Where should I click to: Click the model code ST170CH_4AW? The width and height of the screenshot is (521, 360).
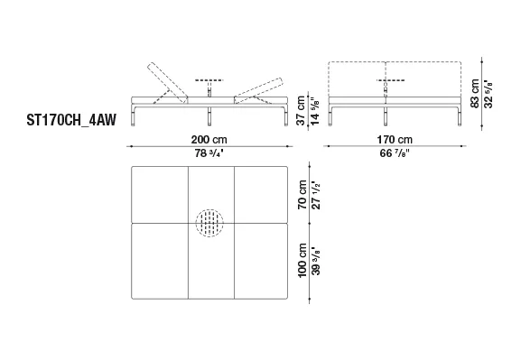(x=71, y=120)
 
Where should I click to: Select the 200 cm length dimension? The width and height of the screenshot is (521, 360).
(x=209, y=140)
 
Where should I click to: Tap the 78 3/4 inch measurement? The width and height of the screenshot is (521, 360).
(x=209, y=153)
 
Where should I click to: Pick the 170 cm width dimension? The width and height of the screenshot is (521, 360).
(x=395, y=140)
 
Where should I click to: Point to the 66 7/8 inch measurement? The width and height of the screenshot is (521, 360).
(x=395, y=153)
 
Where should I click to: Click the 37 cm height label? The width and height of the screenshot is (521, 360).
(x=301, y=110)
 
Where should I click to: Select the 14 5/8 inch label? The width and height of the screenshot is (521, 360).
(x=314, y=111)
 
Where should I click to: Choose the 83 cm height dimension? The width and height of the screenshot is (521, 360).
(x=475, y=93)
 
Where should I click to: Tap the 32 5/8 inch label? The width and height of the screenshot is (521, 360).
(x=488, y=94)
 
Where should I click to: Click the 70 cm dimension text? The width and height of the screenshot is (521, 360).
(x=302, y=195)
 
